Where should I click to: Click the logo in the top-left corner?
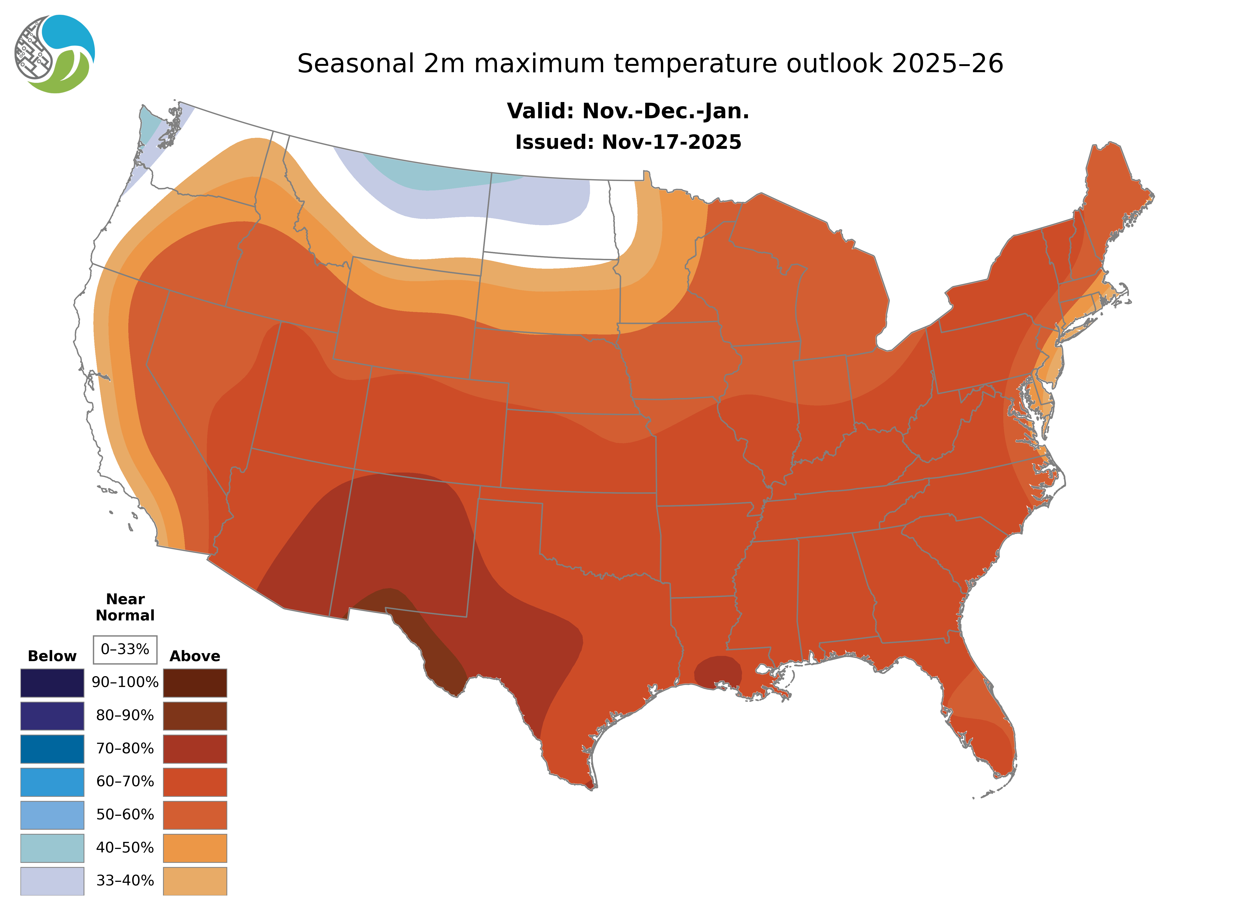click(x=55, y=54)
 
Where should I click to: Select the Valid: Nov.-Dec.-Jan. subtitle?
click(x=628, y=111)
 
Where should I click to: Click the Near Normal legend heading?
click(x=125, y=607)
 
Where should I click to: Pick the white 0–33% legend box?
click(x=125, y=649)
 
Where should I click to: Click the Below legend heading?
click(x=52, y=656)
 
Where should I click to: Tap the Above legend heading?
click(x=195, y=656)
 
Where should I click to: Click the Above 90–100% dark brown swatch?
click(x=195, y=683)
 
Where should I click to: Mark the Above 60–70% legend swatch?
click(x=195, y=782)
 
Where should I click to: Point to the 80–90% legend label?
click(x=125, y=716)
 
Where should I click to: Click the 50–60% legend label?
click(x=125, y=815)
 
